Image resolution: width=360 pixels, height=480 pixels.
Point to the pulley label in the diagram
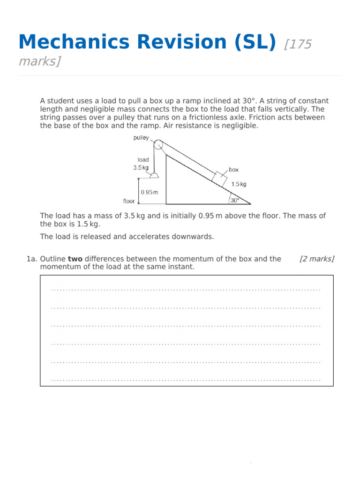pyautogui.click(x=141, y=138)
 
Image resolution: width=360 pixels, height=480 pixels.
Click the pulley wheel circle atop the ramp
pyautogui.click(x=158, y=145)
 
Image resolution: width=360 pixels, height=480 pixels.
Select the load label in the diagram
pyautogui.click(x=143, y=160)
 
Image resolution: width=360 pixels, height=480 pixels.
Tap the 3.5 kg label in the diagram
pyautogui.click(x=141, y=167)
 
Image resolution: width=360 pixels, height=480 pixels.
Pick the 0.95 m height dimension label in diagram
pyautogui.click(x=150, y=192)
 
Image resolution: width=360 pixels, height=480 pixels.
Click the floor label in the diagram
pyautogui.click(x=129, y=201)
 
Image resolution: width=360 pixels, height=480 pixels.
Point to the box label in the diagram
pyautogui.click(x=233, y=170)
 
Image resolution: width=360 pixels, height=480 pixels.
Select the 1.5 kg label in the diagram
pyautogui.click(x=238, y=184)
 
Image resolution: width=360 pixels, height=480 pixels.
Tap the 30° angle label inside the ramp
pyautogui.click(x=234, y=200)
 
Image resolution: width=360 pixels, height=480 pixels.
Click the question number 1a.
pyautogui.click(x=32, y=259)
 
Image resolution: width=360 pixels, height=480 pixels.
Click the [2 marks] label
pyautogui.click(x=317, y=259)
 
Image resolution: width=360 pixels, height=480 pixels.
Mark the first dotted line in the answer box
pyautogui.click(x=186, y=290)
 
